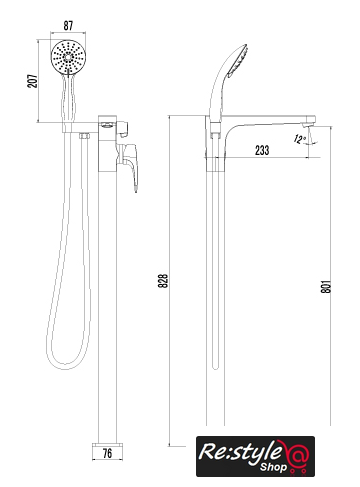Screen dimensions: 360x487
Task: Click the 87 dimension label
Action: [68, 26]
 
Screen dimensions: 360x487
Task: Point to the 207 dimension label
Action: [32, 81]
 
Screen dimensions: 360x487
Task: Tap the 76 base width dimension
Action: [107, 453]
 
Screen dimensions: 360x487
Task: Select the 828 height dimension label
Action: [163, 281]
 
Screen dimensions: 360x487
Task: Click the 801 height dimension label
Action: [326, 287]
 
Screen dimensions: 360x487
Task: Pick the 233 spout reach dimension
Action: [262, 150]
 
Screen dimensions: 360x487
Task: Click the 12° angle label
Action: [300, 139]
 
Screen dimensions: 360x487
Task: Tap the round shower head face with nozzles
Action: [69, 57]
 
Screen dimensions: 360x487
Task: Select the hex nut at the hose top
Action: [84, 136]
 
